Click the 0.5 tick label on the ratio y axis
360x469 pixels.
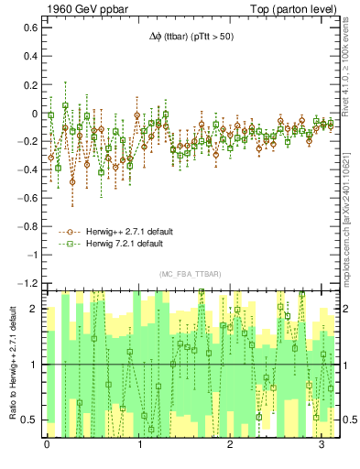click(x=29, y=420)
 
